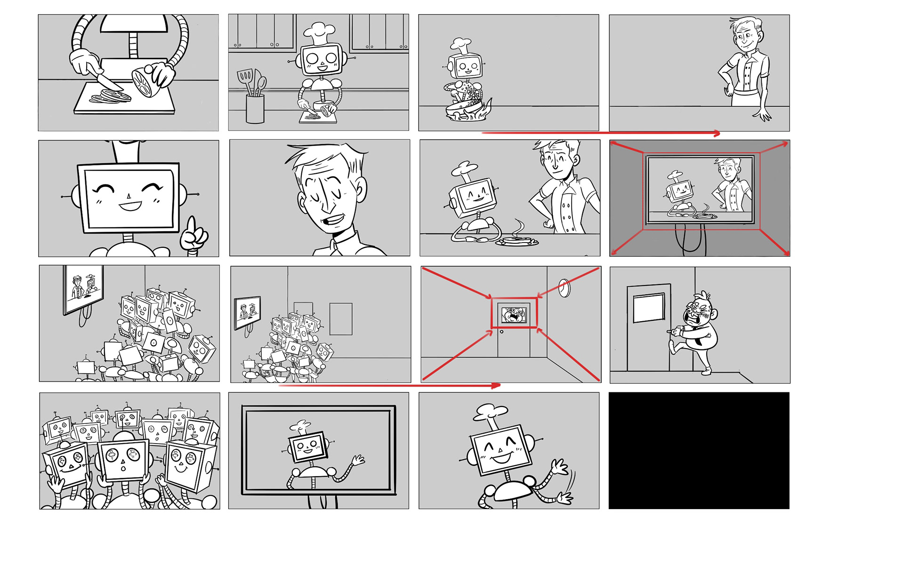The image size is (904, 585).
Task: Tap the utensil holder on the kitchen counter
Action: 255,108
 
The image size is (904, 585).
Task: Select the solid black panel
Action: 699,450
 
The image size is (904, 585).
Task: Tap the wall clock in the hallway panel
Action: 565,287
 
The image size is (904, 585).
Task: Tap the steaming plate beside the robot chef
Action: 517,241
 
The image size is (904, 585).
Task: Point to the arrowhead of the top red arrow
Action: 717,134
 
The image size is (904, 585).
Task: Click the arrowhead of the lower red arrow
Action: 496,385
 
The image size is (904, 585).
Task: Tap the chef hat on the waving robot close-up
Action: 490,411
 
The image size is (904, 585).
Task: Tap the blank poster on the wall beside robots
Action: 341,318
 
